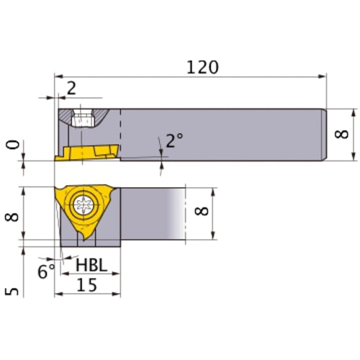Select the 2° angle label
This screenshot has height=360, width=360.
(173, 140)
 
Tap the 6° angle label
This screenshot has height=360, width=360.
(46, 271)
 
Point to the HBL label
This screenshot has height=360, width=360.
(91, 266)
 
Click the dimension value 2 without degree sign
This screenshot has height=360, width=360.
(71, 89)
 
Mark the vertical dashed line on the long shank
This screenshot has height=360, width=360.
(120, 133)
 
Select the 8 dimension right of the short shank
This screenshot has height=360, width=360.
(204, 213)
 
